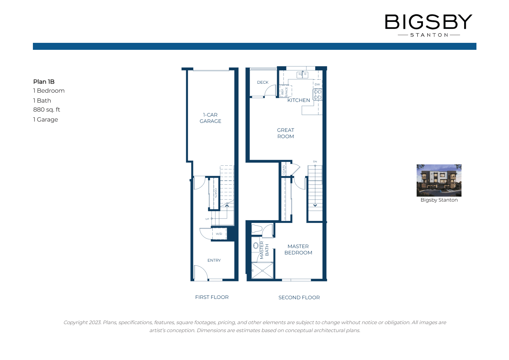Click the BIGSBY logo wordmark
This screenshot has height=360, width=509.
[429, 22]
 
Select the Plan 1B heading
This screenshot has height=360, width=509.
[44, 82]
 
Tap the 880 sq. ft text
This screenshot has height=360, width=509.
[47, 110]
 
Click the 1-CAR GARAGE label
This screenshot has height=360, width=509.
[210, 118]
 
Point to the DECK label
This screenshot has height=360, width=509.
[262, 82]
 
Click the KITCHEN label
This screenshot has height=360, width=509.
[298, 100]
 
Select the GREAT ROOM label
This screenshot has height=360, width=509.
[285, 133]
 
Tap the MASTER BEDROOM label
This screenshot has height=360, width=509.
[298, 249]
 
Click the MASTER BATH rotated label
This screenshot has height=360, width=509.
[264, 250]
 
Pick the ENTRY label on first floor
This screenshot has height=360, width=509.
[214, 260]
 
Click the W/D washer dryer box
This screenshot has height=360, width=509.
[219, 234]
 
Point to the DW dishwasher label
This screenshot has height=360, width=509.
[317, 84]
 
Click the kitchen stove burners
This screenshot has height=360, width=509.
[318, 94]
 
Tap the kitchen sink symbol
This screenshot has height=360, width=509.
[302, 75]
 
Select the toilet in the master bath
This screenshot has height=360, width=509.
[257, 228]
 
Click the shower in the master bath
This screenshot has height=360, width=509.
[262, 271]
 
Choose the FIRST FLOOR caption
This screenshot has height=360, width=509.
[212, 297]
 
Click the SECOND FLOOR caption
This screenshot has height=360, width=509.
[299, 298]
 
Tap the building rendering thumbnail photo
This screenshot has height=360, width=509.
[439, 180]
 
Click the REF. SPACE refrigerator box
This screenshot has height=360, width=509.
[285, 91]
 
